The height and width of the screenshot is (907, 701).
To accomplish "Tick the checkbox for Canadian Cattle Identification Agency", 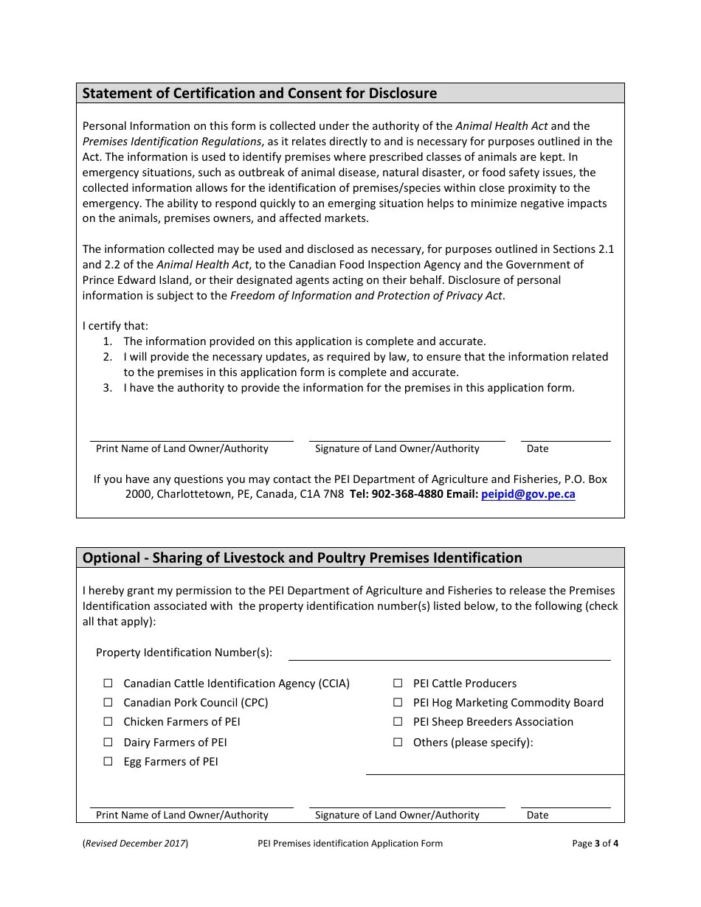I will pyautogui.click(x=108, y=684).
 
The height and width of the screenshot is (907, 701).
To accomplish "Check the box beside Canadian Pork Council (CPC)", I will pyautogui.click(x=108, y=703).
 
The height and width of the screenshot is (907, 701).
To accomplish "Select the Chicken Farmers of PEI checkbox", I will pyautogui.click(x=108, y=722).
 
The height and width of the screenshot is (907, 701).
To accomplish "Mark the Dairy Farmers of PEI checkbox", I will pyautogui.click(x=108, y=743).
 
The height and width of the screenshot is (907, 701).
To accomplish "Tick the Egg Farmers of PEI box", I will pyautogui.click(x=108, y=762).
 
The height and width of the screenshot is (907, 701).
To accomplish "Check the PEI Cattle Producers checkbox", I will pyautogui.click(x=398, y=684).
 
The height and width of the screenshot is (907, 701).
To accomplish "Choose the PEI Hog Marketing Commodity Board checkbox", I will pyautogui.click(x=398, y=703).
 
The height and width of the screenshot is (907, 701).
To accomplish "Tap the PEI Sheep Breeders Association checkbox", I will pyautogui.click(x=398, y=722).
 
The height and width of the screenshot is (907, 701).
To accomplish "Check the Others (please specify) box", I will pyautogui.click(x=398, y=743).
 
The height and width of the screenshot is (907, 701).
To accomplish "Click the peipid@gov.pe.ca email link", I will pyautogui.click(x=528, y=495).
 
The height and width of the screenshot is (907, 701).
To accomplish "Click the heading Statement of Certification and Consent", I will pyautogui.click(x=259, y=94).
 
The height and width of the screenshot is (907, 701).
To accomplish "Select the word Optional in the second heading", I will pyautogui.click(x=111, y=558).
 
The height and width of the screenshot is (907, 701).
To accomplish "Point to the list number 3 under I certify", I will pyautogui.click(x=108, y=388).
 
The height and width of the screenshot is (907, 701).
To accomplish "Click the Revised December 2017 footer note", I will pyautogui.click(x=135, y=844).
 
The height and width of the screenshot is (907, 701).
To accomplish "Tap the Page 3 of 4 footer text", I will pyautogui.click(x=595, y=844).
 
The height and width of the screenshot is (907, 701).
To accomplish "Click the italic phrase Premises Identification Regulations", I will pyautogui.click(x=172, y=142).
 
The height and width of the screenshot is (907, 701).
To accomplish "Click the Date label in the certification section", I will pyautogui.click(x=537, y=449).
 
